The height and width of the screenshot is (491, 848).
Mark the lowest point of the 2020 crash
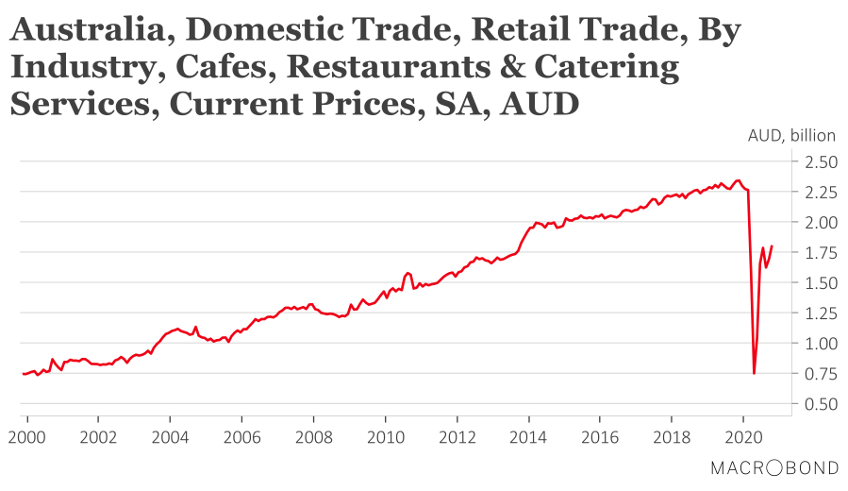pyautogui.click(x=754, y=373)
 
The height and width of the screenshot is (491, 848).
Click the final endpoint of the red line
pyautogui.click(x=772, y=246)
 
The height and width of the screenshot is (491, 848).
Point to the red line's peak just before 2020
pyautogui.click(x=738, y=179)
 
